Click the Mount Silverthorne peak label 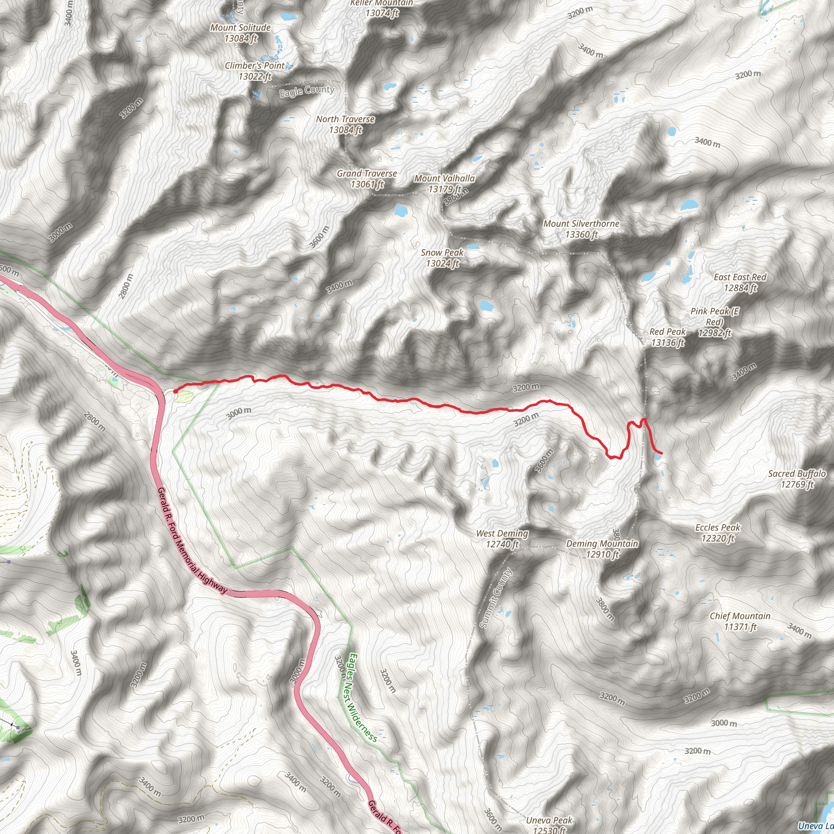tap(581, 229)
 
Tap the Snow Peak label tap(442, 258)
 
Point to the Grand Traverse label tap(367, 179)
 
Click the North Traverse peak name tap(345, 124)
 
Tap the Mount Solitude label tap(240, 33)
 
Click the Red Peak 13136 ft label tap(667, 337)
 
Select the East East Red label tap(740, 282)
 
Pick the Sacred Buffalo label tap(797, 479)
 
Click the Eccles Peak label tap(718, 533)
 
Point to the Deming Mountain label tap(602, 549)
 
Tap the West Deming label tap(502, 538)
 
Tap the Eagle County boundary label tap(307, 91)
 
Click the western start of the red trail tap(174, 391)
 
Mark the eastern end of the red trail tap(662, 453)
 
